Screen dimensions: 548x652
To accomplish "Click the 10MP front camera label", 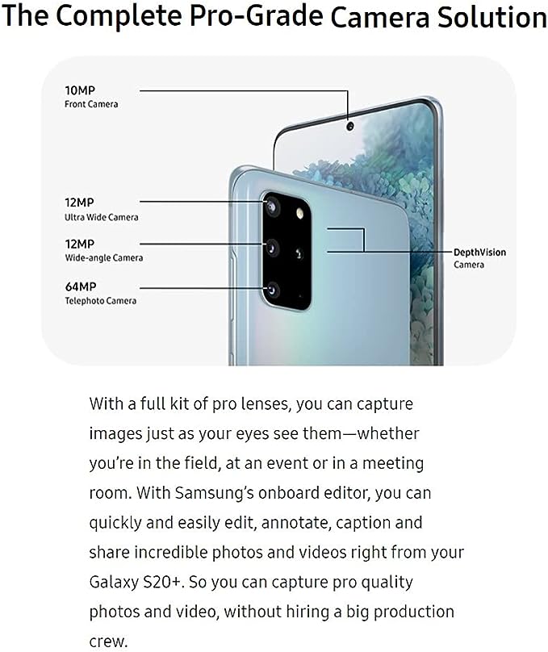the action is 80,90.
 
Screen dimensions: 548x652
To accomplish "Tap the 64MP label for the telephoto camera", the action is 80,286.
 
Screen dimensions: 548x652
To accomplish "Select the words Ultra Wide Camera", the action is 101,217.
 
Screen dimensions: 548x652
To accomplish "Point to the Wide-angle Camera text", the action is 104,257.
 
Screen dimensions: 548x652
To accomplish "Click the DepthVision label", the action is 480,253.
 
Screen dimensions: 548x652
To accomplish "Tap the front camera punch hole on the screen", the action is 349,125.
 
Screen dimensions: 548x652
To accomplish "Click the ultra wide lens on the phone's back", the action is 272,207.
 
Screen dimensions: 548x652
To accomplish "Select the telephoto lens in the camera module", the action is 272,290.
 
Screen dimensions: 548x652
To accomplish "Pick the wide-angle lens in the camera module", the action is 272,249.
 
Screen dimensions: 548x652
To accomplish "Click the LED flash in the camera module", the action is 299,213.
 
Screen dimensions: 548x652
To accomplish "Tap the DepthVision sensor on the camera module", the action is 299,253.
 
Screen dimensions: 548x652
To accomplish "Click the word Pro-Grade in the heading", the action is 255,16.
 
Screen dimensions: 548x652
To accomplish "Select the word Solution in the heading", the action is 492,17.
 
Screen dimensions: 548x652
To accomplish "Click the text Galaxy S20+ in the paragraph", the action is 135,582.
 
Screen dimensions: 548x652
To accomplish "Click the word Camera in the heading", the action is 379,18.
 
